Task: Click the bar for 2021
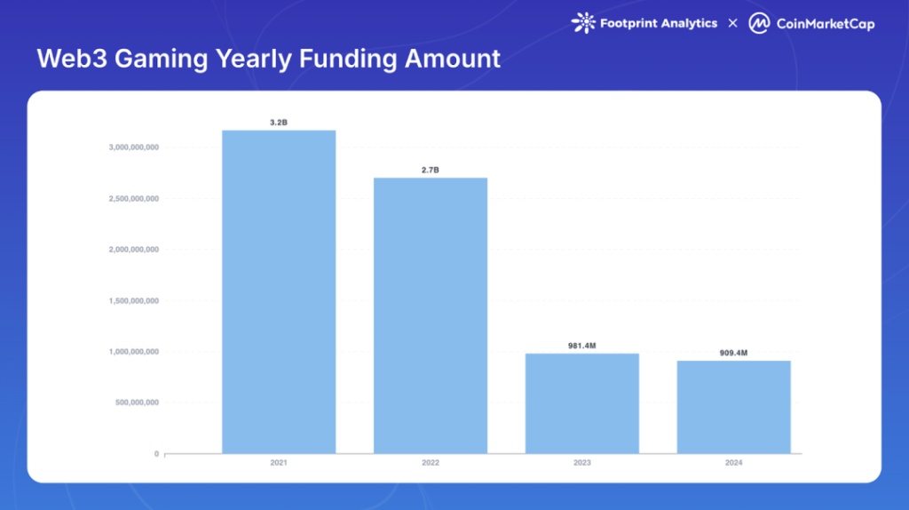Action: pos(279,291)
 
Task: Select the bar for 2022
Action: pos(431,315)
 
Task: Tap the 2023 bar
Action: pos(582,403)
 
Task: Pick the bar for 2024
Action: pos(734,407)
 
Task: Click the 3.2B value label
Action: pos(279,123)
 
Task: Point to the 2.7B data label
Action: pos(431,170)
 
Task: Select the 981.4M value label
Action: pos(582,346)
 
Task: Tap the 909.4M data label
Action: pos(733,353)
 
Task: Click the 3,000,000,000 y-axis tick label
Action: pos(134,147)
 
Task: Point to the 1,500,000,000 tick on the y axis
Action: pos(134,300)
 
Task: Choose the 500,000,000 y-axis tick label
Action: pos(137,402)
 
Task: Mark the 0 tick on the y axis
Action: pos(156,454)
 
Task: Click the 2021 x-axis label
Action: pos(279,462)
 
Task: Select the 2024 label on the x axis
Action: pos(734,462)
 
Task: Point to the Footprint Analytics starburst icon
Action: pos(584,23)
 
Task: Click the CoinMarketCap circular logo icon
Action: pos(759,23)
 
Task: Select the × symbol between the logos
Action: pos(732,23)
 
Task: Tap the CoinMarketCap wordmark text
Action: pos(826,24)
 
